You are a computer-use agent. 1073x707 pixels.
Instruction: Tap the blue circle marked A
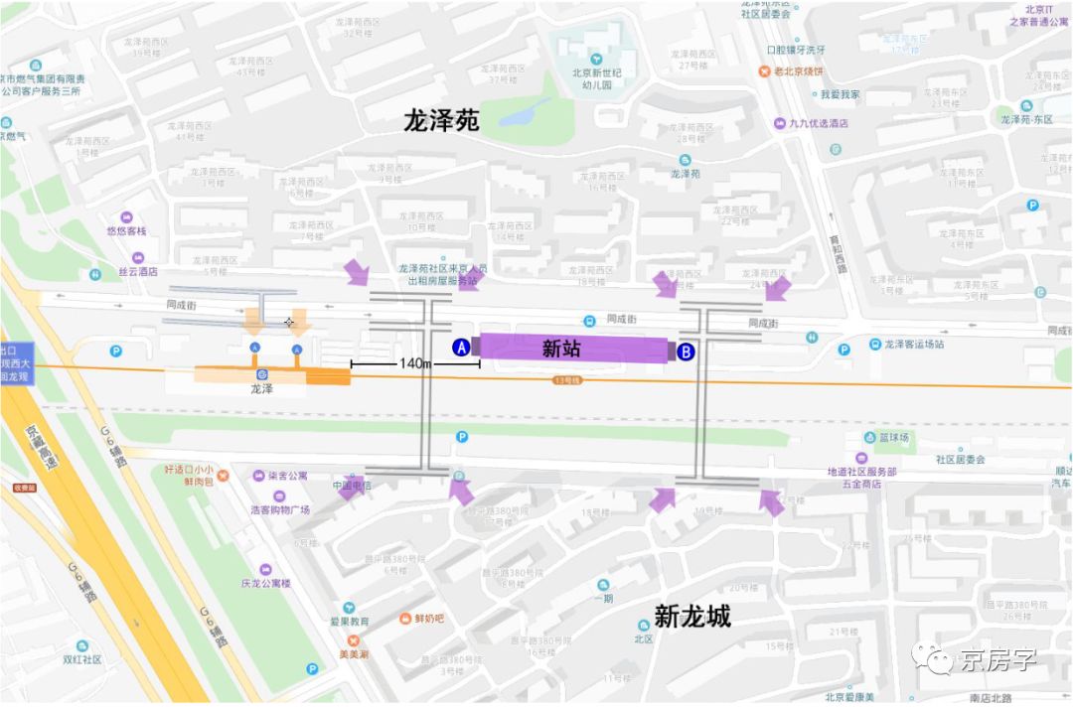(461, 348)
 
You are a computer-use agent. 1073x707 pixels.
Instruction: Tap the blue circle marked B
(686, 351)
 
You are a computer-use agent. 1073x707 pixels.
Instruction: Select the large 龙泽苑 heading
(441, 121)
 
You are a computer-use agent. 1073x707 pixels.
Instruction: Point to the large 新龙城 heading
(692, 617)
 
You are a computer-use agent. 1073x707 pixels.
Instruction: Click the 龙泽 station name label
(262, 390)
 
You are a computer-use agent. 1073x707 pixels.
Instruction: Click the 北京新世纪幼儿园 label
(596, 78)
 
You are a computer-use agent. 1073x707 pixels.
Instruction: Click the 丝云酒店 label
(138, 271)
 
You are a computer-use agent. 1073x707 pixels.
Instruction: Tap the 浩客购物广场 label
(280, 510)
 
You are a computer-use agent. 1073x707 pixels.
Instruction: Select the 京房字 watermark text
(996, 659)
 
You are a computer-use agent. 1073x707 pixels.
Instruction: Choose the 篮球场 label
(893, 437)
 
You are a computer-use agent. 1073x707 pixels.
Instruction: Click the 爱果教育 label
(350, 622)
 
